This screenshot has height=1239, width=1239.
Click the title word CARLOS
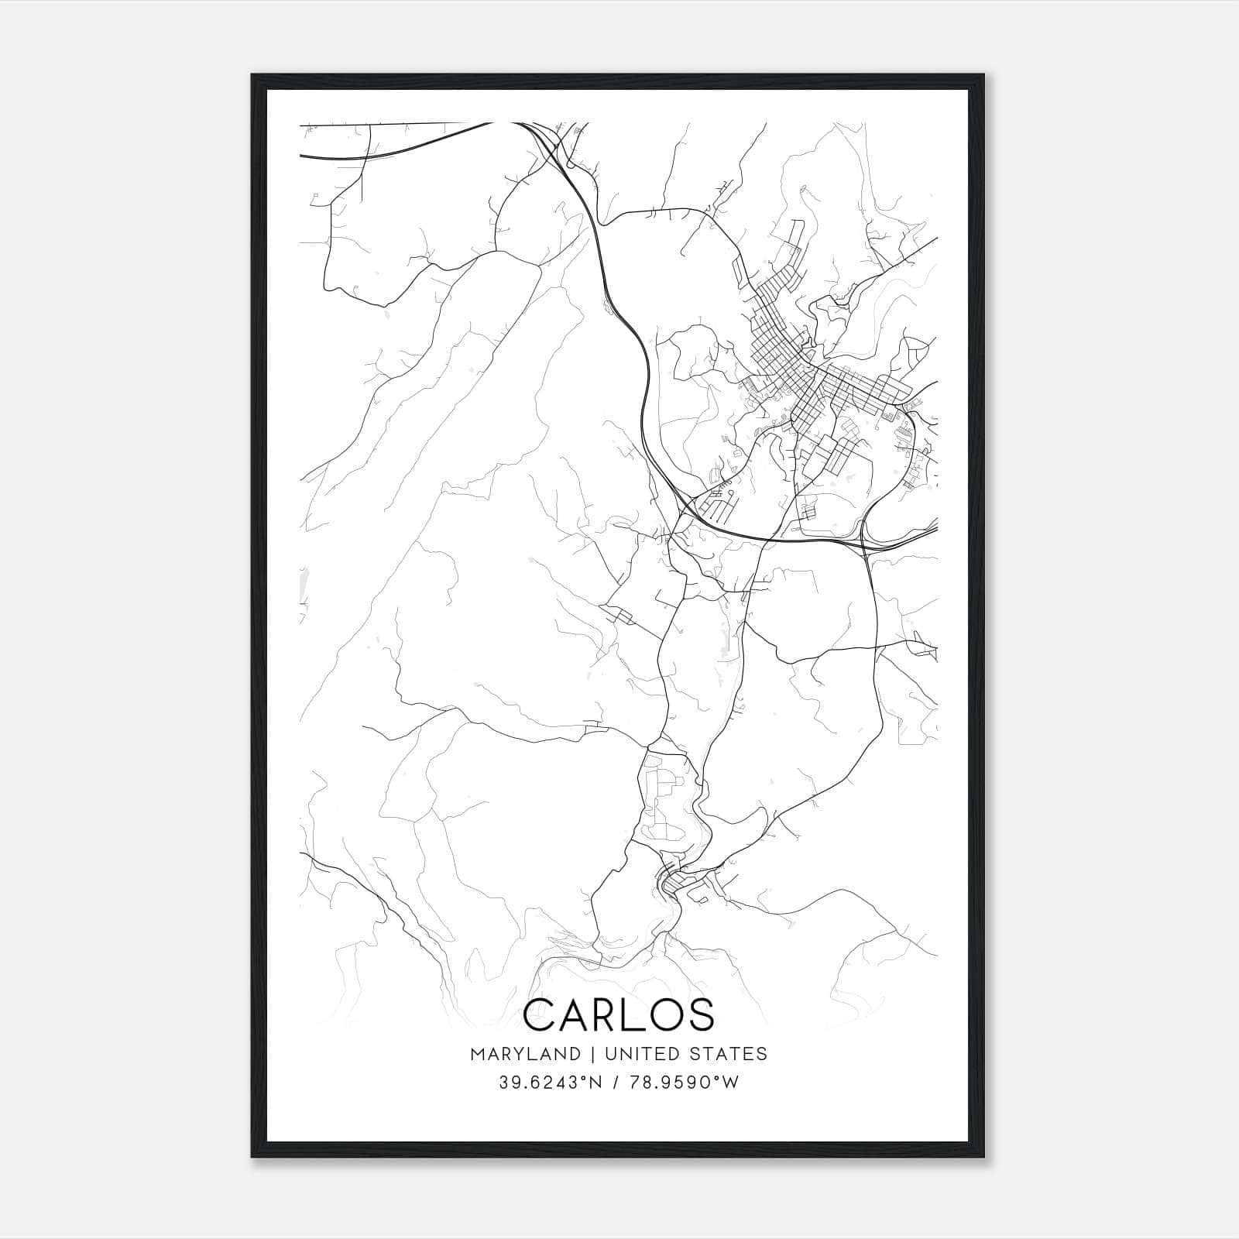[x=619, y=1015]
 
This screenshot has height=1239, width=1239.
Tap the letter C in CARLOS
[x=541, y=1015]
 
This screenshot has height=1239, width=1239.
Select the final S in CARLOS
[x=702, y=1015]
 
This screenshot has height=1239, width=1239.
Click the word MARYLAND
[x=524, y=1054]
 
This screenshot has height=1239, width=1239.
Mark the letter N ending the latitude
[x=593, y=1083]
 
